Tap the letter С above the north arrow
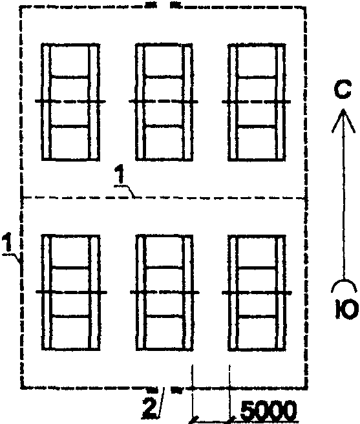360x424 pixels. coord(343,90)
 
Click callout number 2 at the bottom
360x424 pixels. coord(149,407)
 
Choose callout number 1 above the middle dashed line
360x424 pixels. coord(120,175)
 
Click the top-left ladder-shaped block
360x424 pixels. coord(70,102)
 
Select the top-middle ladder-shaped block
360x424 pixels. coord(164,102)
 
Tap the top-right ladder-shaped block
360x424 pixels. coord(257,102)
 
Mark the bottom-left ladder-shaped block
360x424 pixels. coord(71,293)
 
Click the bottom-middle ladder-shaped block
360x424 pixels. coord(164,293)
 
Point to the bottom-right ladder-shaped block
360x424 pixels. coord(257,293)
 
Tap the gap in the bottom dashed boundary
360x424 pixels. coord(164,389)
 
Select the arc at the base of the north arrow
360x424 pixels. coord(343,281)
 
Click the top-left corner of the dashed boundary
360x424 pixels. coord(21,8)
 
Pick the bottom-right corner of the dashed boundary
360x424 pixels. coord(307,387)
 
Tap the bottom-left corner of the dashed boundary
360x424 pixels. coord(21,388)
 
